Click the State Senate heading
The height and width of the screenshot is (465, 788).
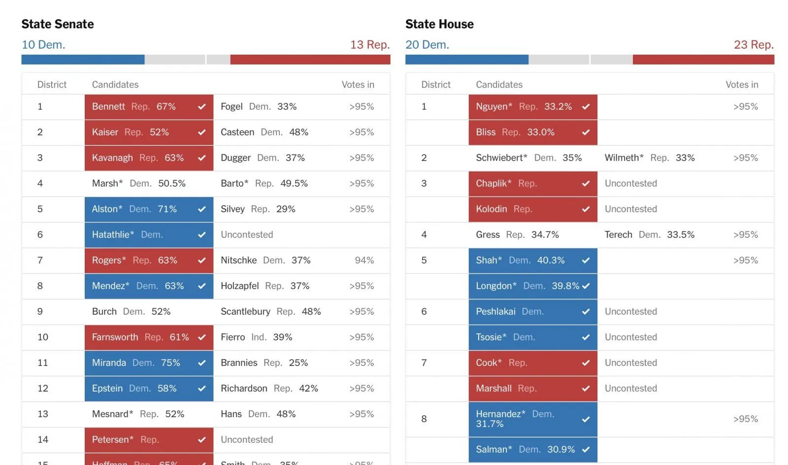[x=58, y=24]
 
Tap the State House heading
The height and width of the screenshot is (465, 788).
[x=439, y=24]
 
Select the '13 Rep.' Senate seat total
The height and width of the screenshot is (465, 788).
[x=369, y=45]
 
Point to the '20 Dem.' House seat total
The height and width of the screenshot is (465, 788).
[x=427, y=45]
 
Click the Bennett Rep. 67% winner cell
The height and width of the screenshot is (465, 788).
[x=149, y=107]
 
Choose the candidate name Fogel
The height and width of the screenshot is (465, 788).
[x=231, y=107]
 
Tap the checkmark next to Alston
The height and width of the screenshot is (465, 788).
[x=202, y=209]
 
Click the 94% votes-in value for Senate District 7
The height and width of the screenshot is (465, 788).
[x=364, y=261]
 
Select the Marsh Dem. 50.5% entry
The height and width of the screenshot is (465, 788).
[x=138, y=184]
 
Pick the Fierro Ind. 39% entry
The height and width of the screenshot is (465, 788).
[x=256, y=337]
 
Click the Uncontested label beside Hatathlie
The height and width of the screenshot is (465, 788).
[x=247, y=235]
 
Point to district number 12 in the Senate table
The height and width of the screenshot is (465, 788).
[x=43, y=389]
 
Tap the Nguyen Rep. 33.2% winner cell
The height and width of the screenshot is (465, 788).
[x=532, y=107]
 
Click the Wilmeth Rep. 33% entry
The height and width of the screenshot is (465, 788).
[x=649, y=158]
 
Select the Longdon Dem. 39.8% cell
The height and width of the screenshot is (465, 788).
[x=532, y=286]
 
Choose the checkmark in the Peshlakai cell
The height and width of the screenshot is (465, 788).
[x=586, y=312]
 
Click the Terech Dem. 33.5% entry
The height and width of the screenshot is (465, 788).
[x=649, y=235]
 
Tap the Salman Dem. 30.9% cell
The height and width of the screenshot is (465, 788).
[x=532, y=450]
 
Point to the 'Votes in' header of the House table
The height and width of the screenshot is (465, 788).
[x=742, y=85]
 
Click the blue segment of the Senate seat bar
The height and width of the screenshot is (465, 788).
[x=83, y=60]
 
